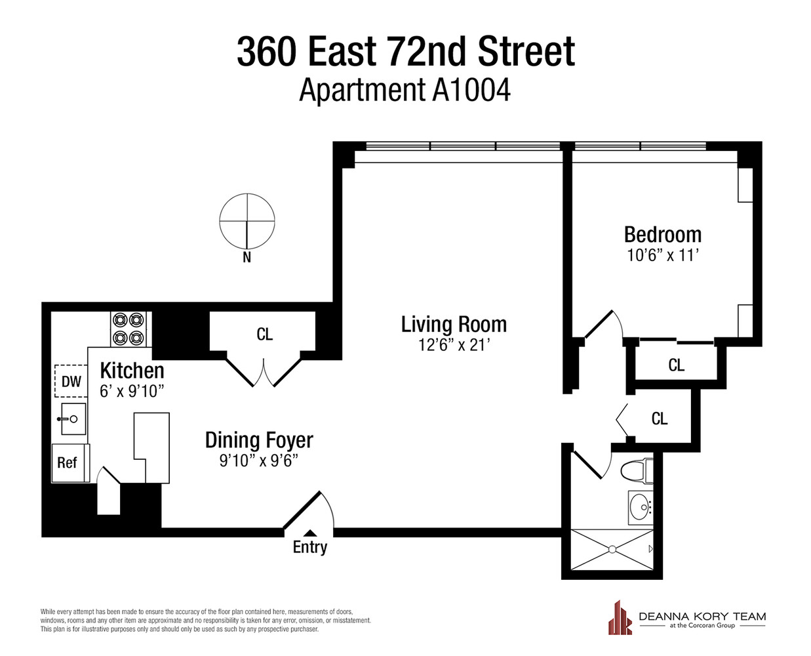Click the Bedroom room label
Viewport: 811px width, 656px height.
point(662,235)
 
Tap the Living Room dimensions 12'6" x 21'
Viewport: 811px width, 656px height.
point(454,344)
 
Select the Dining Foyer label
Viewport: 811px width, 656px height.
point(259,440)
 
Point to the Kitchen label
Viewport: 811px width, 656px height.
point(132,371)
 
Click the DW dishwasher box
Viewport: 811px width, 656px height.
point(71,381)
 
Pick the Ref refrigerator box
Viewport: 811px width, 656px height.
point(68,462)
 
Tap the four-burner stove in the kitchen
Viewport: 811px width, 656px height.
point(128,329)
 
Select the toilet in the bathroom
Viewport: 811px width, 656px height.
point(635,470)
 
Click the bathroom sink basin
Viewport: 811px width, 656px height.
point(639,507)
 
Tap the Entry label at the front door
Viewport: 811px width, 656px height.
point(309,546)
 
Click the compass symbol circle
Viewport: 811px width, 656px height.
point(247,221)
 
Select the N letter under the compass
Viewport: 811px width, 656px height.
point(247,258)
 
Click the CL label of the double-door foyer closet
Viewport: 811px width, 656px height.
point(264,335)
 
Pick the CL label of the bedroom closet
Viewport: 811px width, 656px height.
point(676,365)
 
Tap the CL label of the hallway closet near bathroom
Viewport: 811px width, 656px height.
point(659,419)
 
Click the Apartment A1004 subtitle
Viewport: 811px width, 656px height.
point(405,91)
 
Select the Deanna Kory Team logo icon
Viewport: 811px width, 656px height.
point(620,618)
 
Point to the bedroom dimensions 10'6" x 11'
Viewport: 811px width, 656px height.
point(662,255)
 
